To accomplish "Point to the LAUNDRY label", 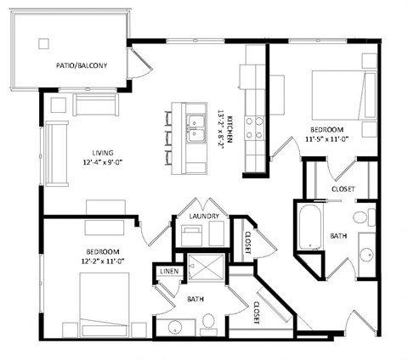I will click(x=205, y=217).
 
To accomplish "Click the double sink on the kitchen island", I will click(x=195, y=127).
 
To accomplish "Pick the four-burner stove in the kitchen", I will click(x=254, y=127).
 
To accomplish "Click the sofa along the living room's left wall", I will click(x=55, y=153).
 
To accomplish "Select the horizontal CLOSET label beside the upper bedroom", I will click(x=342, y=188).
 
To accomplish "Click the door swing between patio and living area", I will click(x=136, y=64).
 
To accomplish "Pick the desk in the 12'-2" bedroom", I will click(x=105, y=227).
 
